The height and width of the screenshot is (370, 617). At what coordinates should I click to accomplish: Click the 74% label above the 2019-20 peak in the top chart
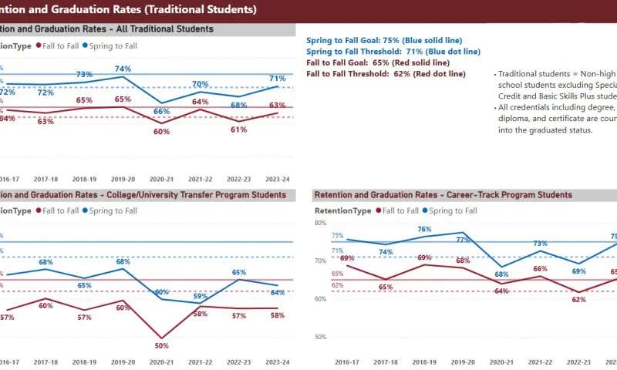point(123,69)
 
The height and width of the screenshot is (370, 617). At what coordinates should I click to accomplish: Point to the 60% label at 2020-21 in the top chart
point(161,132)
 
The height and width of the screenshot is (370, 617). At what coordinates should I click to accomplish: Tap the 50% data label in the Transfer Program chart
point(161,345)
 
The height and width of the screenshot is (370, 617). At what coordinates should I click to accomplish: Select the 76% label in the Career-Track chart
point(424,229)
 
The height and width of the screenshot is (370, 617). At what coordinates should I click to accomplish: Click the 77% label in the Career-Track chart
point(463,240)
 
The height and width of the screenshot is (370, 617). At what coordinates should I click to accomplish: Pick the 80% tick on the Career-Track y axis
point(320,224)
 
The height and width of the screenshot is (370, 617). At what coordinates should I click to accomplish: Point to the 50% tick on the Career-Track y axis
point(320,337)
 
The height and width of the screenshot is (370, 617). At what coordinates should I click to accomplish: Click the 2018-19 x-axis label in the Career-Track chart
point(424,362)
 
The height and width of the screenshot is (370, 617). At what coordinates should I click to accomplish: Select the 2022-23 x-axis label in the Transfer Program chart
point(239,362)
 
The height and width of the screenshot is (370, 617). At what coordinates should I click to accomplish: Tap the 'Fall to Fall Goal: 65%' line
point(352,62)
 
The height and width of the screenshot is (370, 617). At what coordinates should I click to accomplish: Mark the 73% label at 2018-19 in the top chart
point(84,75)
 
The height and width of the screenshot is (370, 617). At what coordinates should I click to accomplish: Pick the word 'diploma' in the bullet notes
point(513,119)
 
